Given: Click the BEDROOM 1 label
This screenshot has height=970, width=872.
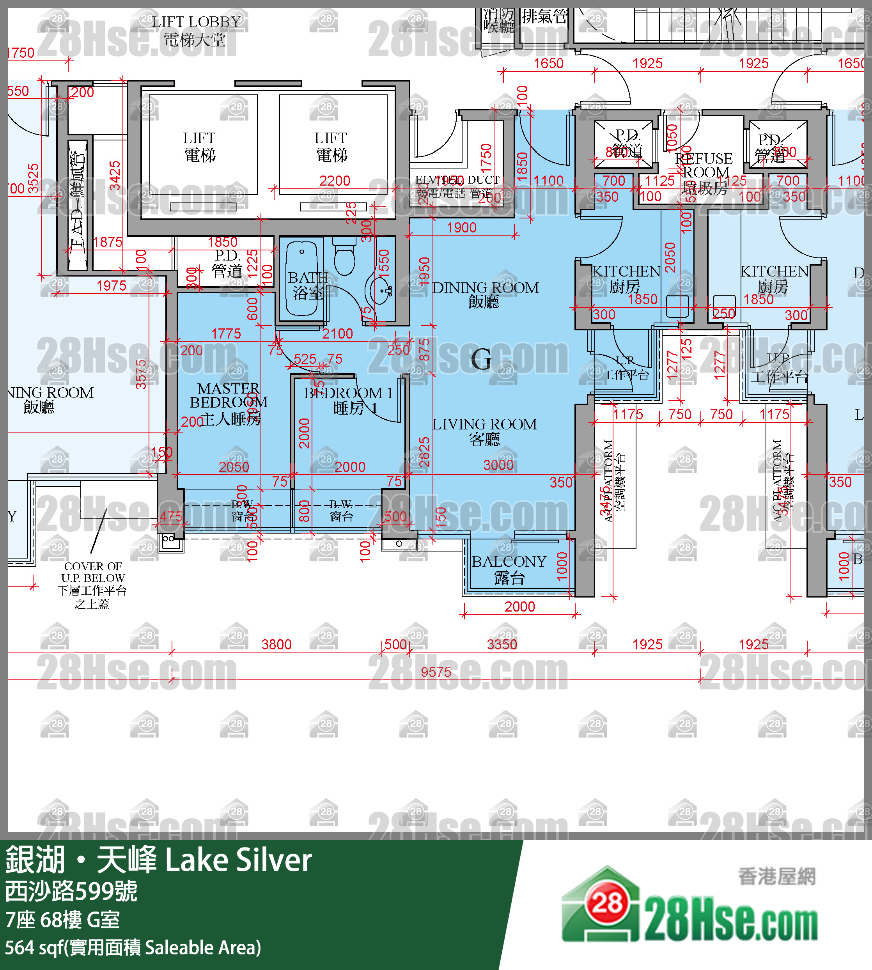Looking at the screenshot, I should click(x=348, y=400).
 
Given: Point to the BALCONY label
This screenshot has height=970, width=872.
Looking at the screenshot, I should click(x=509, y=569).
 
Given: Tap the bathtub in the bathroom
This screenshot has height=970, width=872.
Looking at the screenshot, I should click(x=302, y=278).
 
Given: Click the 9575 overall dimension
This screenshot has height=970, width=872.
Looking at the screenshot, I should click(x=436, y=672).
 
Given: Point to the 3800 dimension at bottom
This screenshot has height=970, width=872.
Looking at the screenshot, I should click(x=276, y=644).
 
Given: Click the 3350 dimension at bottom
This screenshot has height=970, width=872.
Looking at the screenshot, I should click(x=502, y=644).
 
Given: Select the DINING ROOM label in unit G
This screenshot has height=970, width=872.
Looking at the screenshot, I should click(x=485, y=294).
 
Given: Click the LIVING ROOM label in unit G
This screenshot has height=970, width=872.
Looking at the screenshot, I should click(x=484, y=431).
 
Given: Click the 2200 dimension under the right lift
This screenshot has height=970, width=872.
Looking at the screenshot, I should click(x=335, y=181).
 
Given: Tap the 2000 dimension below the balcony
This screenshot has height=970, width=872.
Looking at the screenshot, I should click(x=519, y=606).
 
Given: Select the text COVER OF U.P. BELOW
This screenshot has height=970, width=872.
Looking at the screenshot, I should click(x=93, y=572).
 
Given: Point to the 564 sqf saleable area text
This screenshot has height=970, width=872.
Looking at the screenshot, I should click(x=133, y=947).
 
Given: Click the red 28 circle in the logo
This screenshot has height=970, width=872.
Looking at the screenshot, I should click(x=608, y=903).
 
